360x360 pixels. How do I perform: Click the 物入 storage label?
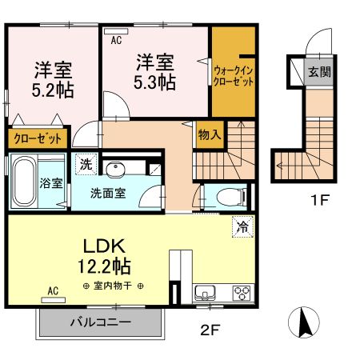tap(210, 135)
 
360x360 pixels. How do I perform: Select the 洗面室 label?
tap(106, 192)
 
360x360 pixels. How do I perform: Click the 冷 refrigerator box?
tap(242, 226)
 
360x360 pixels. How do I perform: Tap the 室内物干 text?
tap(111, 286)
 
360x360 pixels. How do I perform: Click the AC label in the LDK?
tap(54, 290)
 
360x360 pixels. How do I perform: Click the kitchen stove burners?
tap(241, 292)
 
